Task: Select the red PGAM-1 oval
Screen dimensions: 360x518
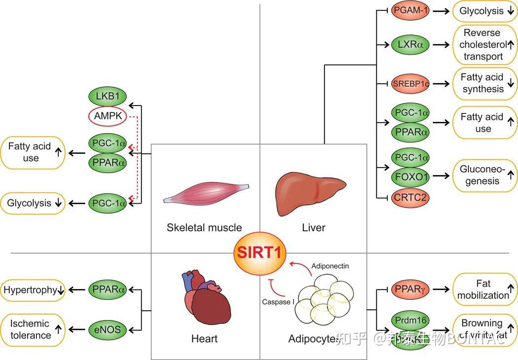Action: click(x=410, y=10)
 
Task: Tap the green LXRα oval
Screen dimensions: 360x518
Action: click(x=410, y=45)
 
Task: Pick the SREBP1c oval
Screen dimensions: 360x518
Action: click(x=410, y=84)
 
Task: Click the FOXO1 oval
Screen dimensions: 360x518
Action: click(x=410, y=176)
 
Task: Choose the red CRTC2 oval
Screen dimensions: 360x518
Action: click(x=410, y=198)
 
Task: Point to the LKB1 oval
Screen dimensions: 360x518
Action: click(x=108, y=96)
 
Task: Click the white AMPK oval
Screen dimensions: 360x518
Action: click(x=108, y=116)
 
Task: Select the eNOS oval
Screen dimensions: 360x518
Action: click(x=108, y=329)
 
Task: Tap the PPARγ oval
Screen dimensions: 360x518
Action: click(x=410, y=290)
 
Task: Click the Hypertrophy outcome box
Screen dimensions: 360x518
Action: click(x=34, y=290)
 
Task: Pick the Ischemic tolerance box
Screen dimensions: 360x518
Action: click(x=34, y=329)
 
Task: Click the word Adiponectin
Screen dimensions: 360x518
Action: click(x=330, y=266)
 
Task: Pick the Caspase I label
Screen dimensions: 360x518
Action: click(x=278, y=301)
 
